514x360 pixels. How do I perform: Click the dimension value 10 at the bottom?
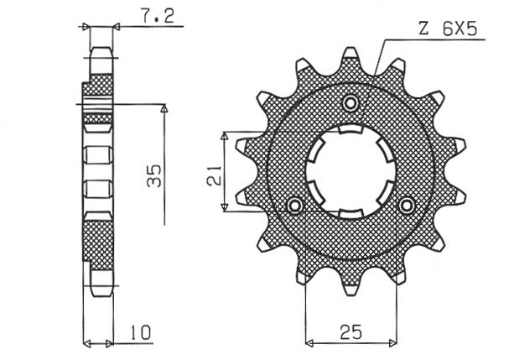(x=140, y=334)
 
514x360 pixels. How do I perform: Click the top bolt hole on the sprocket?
(x=350, y=103)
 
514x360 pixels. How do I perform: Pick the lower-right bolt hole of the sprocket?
(x=407, y=206)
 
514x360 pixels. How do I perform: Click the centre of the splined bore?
(x=350, y=169)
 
